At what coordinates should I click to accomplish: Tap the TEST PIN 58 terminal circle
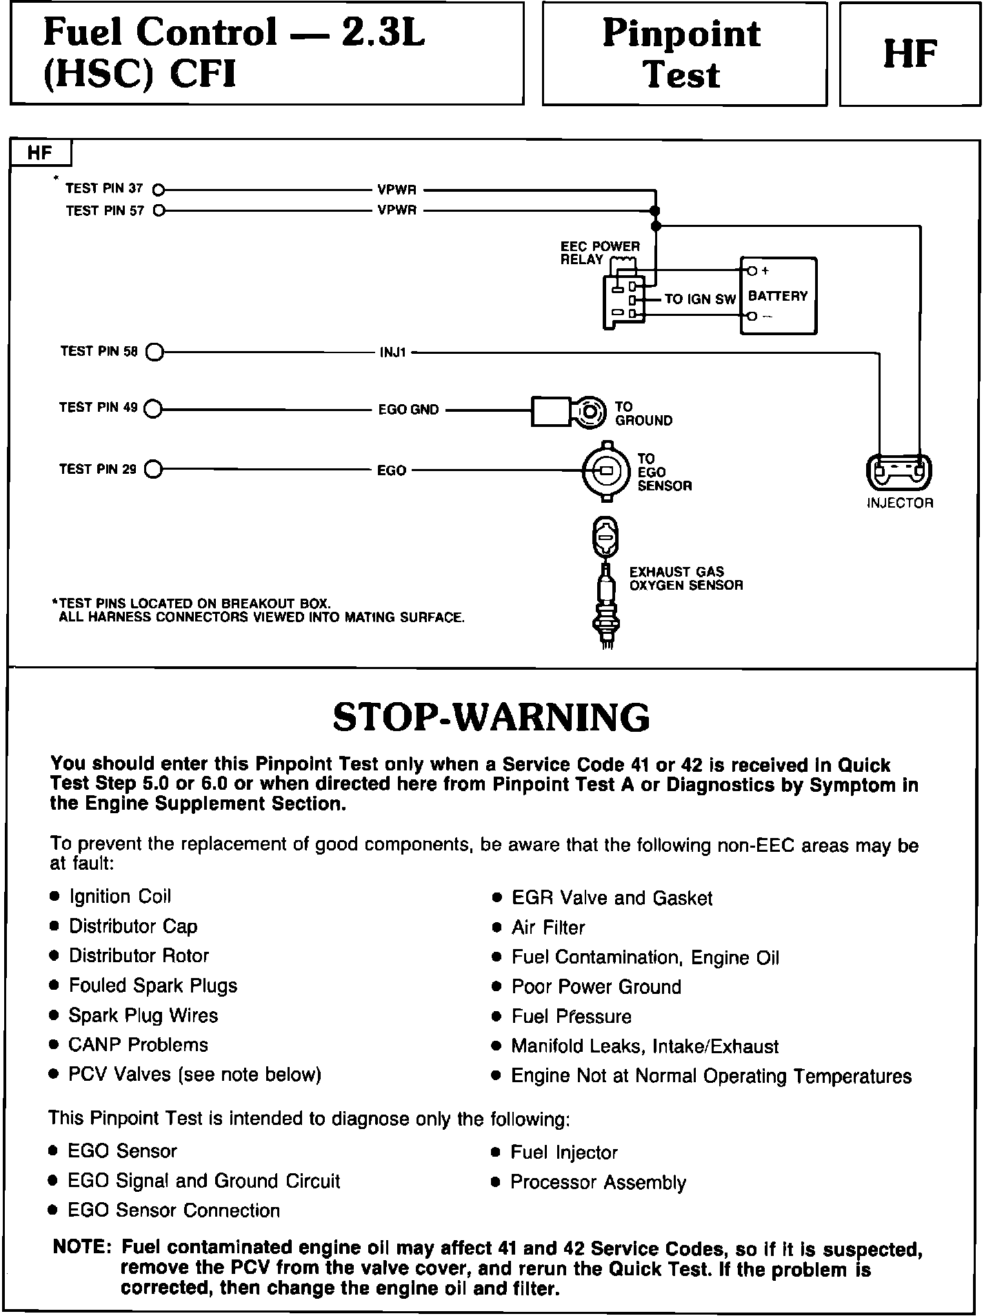point(154,352)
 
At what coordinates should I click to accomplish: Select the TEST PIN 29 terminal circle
point(154,470)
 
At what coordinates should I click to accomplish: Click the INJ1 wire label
point(393,353)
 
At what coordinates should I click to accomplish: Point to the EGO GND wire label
point(408,410)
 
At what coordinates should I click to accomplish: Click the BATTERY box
point(778,296)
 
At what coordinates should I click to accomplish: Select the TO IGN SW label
point(700,300)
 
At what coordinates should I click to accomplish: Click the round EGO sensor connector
point(606,471)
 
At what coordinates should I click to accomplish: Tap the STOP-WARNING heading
point(491,717)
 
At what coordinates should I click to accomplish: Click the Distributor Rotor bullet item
point(139,956)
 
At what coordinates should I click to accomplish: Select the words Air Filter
point(548,928)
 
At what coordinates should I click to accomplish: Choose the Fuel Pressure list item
point(571,1017)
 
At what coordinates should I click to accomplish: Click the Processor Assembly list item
point(598,1182)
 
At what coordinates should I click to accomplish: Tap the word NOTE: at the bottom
point(82,1247)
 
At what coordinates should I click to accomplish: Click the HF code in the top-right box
point(910,54)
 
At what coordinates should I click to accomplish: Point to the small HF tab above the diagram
point(40,153)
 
